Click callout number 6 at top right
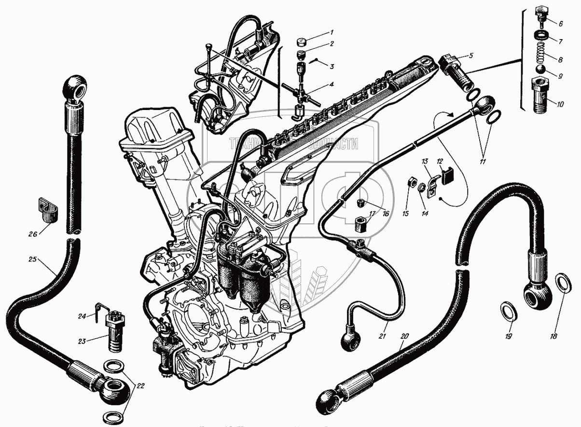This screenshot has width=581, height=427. [x=561, y=23]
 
